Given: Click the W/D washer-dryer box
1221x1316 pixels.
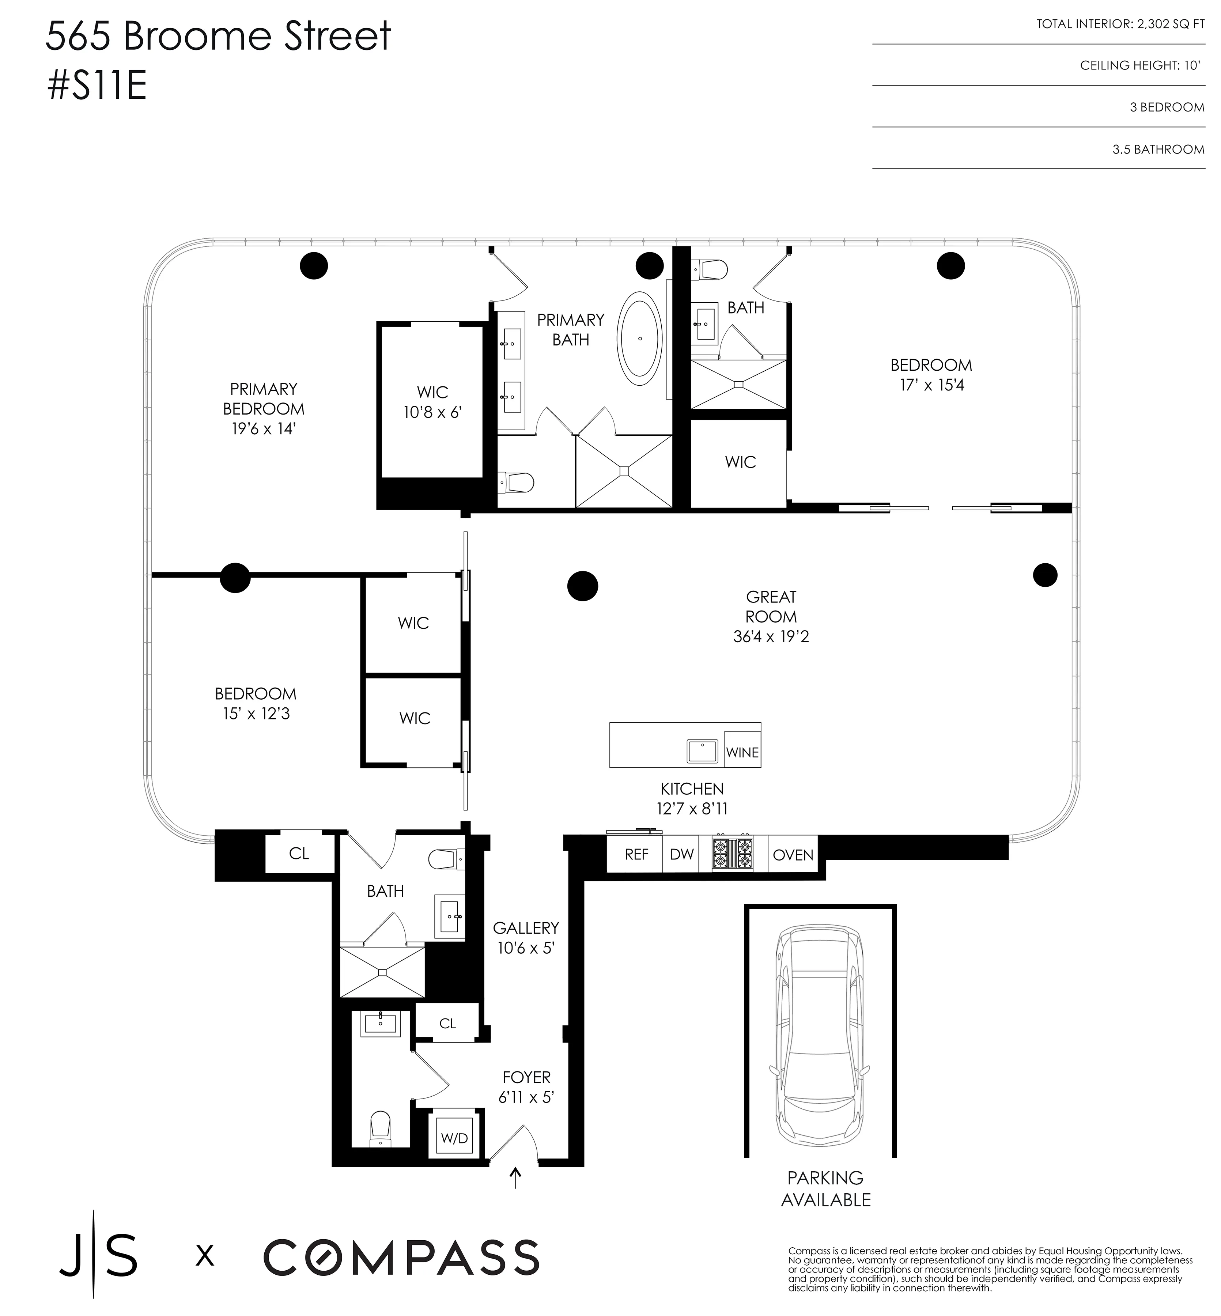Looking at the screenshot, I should click(454, 1138).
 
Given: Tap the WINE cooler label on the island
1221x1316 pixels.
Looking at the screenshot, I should click(742, 752).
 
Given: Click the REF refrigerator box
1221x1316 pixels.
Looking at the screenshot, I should click(636, 854).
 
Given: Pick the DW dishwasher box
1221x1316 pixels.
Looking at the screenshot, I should click(681, 854).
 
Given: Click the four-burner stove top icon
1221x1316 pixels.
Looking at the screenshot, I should click(732, 854).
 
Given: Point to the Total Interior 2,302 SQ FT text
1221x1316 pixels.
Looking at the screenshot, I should click(1120, 24).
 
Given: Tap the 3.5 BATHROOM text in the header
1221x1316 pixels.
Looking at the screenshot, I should click(1157, 149).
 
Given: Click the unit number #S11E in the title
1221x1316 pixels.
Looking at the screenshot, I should click(97, 87).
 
